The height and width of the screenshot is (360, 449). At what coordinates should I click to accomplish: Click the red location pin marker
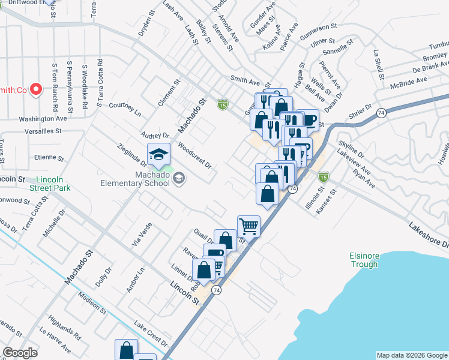pyautogui.click(x=35, y=89)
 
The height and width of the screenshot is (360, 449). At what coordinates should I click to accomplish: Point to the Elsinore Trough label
pyautogui.click(x=364, y=260)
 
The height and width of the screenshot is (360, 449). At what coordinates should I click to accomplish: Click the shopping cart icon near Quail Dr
pyautogui.click(x=249, y=226)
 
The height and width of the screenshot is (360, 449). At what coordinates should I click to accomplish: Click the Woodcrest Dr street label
pyautogui.click(x=195, y=155)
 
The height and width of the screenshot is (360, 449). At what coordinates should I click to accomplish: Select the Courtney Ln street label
pyautogui.click(x=125, y=109)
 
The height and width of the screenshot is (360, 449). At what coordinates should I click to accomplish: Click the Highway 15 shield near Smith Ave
pyautogui.click(x=223, y=104)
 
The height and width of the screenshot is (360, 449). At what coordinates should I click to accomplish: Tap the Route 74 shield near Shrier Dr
pyautogui.click(x=382, y=112)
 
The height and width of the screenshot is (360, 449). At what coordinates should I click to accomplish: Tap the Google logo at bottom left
pyautogui.click(x=20, y=352)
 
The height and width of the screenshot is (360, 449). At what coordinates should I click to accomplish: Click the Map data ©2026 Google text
pyautogui.click(x=411, y=355)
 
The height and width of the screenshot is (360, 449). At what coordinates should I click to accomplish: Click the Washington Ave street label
pyautogui.click(x=42, y=119)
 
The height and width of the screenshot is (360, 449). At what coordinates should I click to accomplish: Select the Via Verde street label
pyautogui.click(x=139, y=236)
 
